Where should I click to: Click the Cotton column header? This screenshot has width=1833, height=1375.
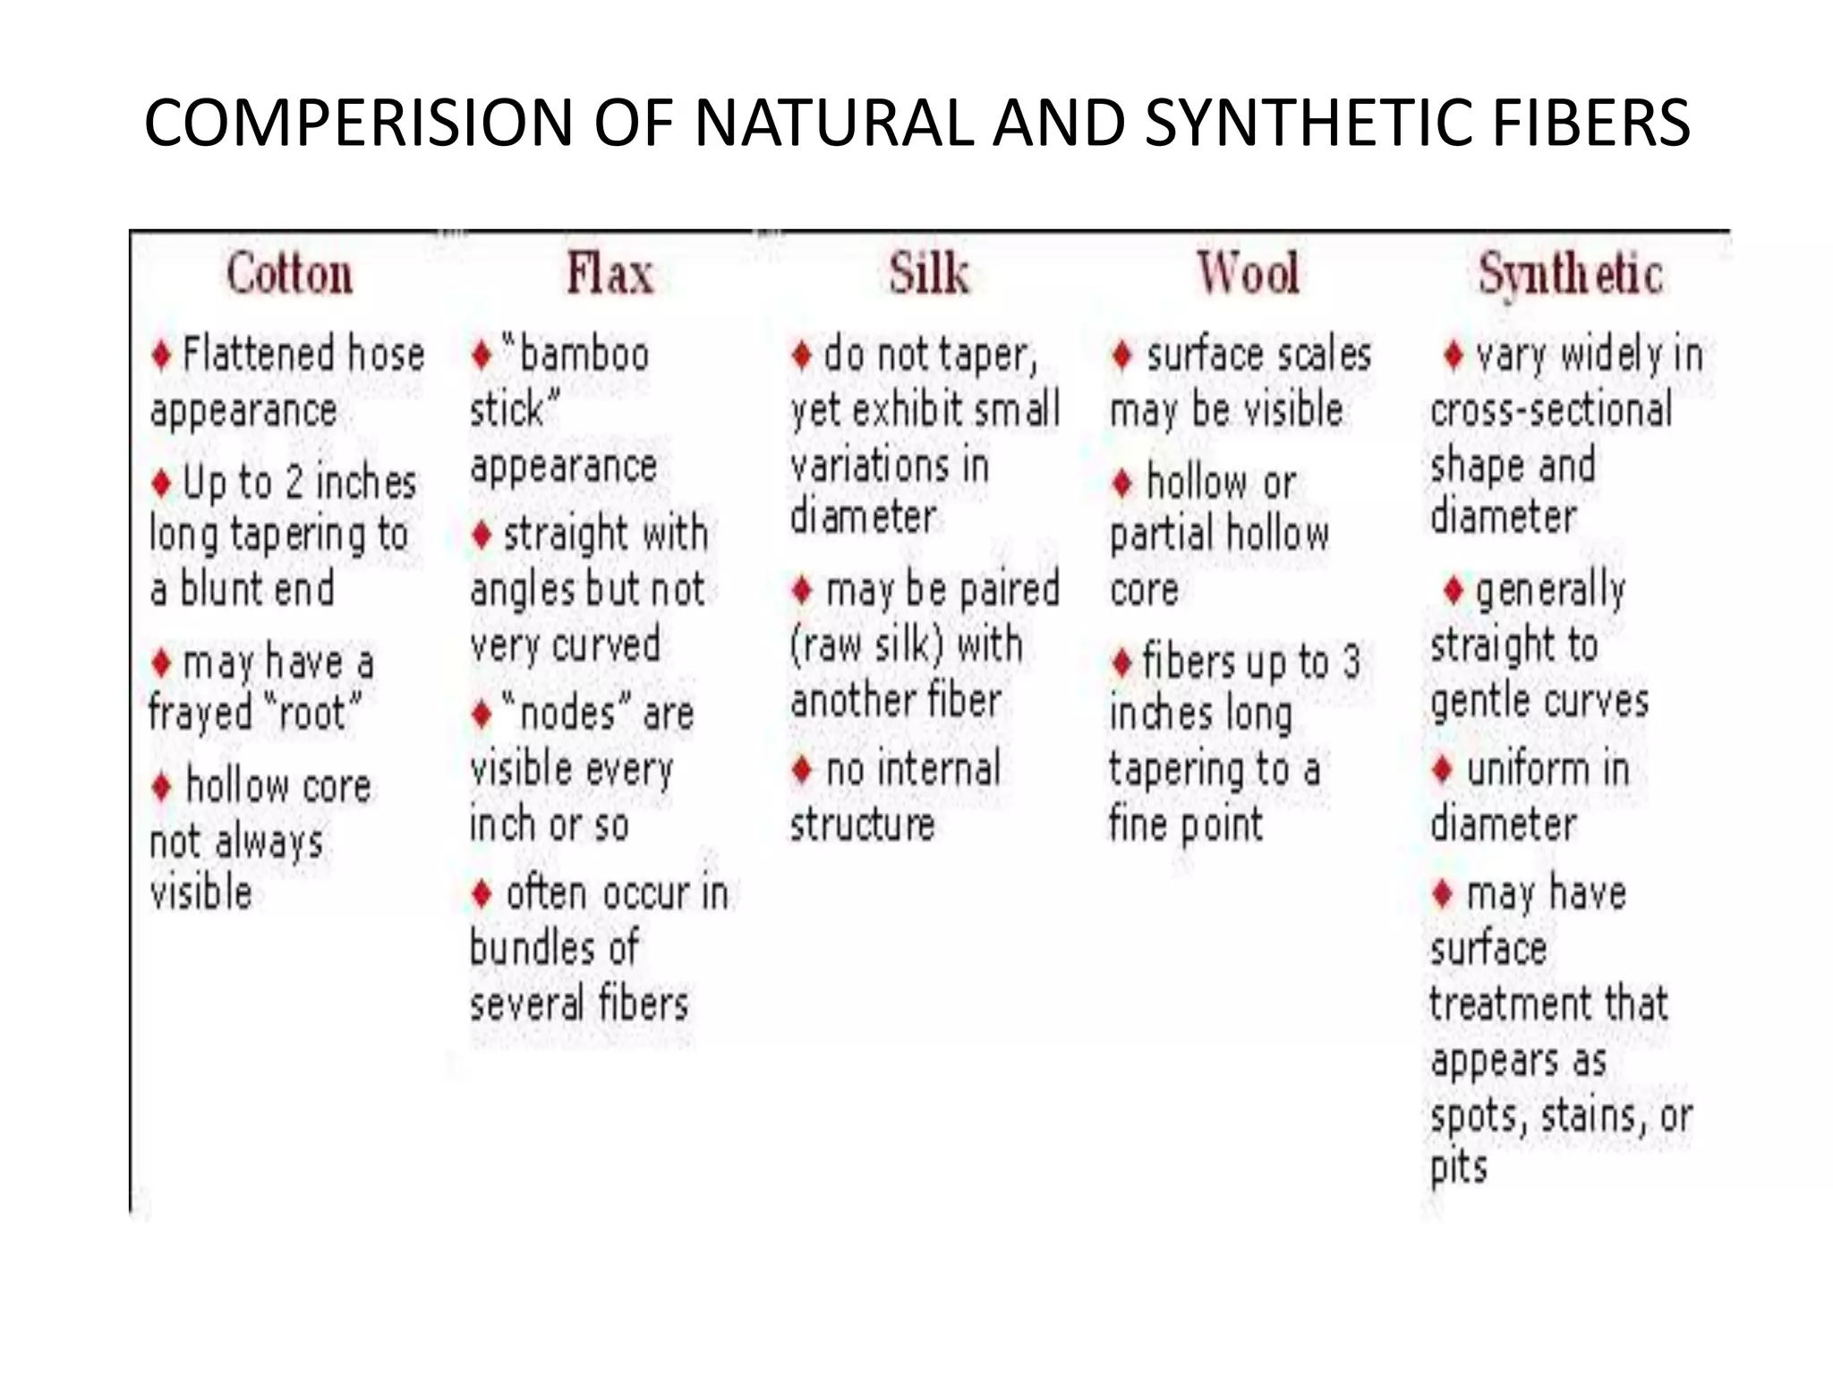coord(289,274)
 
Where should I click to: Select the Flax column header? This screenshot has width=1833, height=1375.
coord(610,274)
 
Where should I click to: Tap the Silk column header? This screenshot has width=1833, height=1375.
coord(929,274)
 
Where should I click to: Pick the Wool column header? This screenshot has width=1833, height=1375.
coord(1249,274)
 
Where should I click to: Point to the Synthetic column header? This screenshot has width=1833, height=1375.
coord(1571,274)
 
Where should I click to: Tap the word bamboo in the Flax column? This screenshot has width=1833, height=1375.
coord(584,355)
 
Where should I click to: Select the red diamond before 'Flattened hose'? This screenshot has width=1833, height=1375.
coord(162,355)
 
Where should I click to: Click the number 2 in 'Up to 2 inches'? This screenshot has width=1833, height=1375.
coord(294,483)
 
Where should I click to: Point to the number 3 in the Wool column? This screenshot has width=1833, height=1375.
coord(1351,662)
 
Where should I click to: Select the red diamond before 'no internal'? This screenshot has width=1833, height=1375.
coord(802,770)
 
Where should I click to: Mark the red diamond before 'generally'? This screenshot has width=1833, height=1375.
coord(1454,590)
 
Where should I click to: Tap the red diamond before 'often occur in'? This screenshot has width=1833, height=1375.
coord(482,893)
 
